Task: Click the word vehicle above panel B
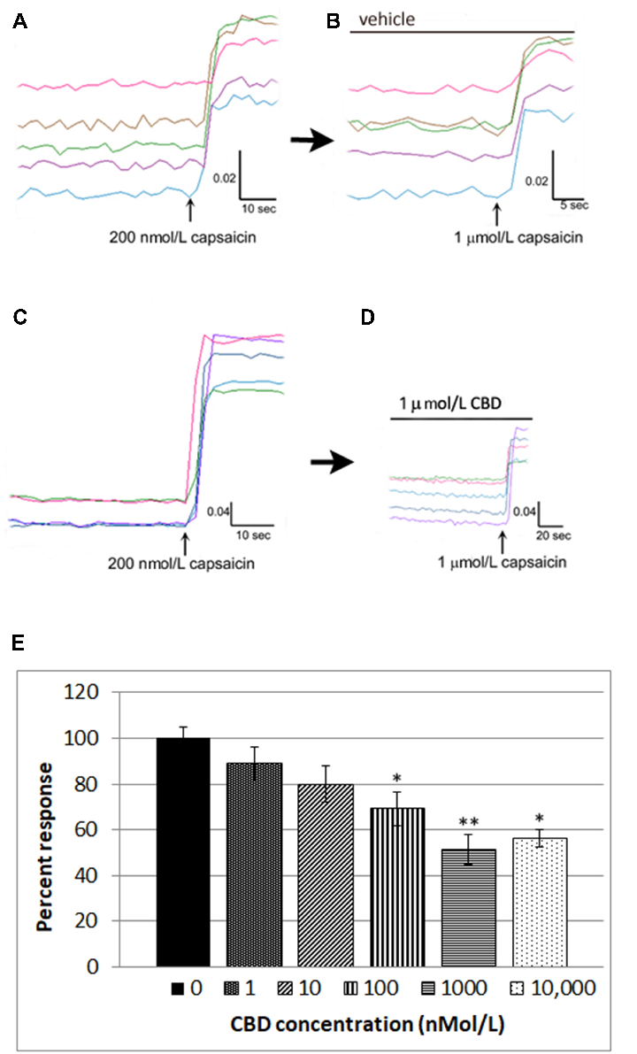(x=386, y=19)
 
